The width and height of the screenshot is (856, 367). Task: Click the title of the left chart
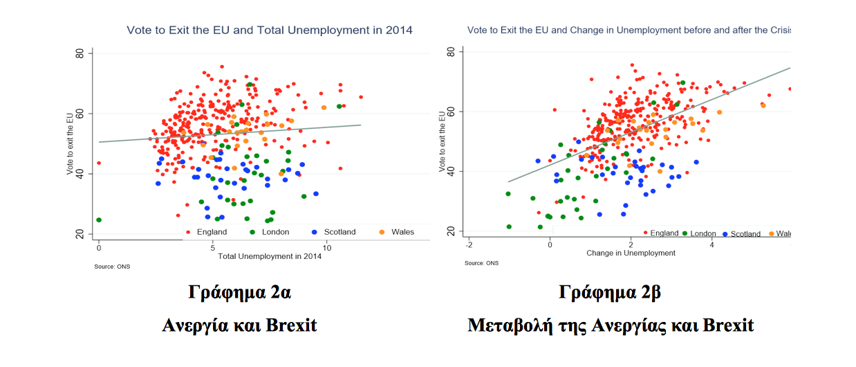point(269,30)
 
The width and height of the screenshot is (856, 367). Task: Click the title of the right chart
point(628,30)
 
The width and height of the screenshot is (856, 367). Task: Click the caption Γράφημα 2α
point(240,292)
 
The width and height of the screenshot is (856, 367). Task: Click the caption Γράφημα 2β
point(610,292)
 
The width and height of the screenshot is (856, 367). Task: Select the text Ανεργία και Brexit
point(239,324)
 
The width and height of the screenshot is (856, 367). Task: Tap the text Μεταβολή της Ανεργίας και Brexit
point(610,324)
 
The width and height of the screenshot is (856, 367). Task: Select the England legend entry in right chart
point(661,233)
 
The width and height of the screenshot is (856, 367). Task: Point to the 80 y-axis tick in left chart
point(80,53)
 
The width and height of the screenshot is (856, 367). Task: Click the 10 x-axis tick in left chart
point(327,247)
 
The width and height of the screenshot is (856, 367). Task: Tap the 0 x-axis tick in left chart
point(99,247)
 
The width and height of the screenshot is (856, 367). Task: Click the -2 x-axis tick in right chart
point(469,245)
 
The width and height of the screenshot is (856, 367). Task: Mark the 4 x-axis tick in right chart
point(712,245)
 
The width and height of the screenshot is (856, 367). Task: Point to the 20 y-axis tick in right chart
point(451,231)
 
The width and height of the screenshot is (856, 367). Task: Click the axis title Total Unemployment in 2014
point(270,256)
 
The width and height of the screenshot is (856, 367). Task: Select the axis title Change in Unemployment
point(631,253)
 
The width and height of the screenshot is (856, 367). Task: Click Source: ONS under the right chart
point(481,263)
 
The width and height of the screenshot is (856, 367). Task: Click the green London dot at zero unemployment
point(99,220)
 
